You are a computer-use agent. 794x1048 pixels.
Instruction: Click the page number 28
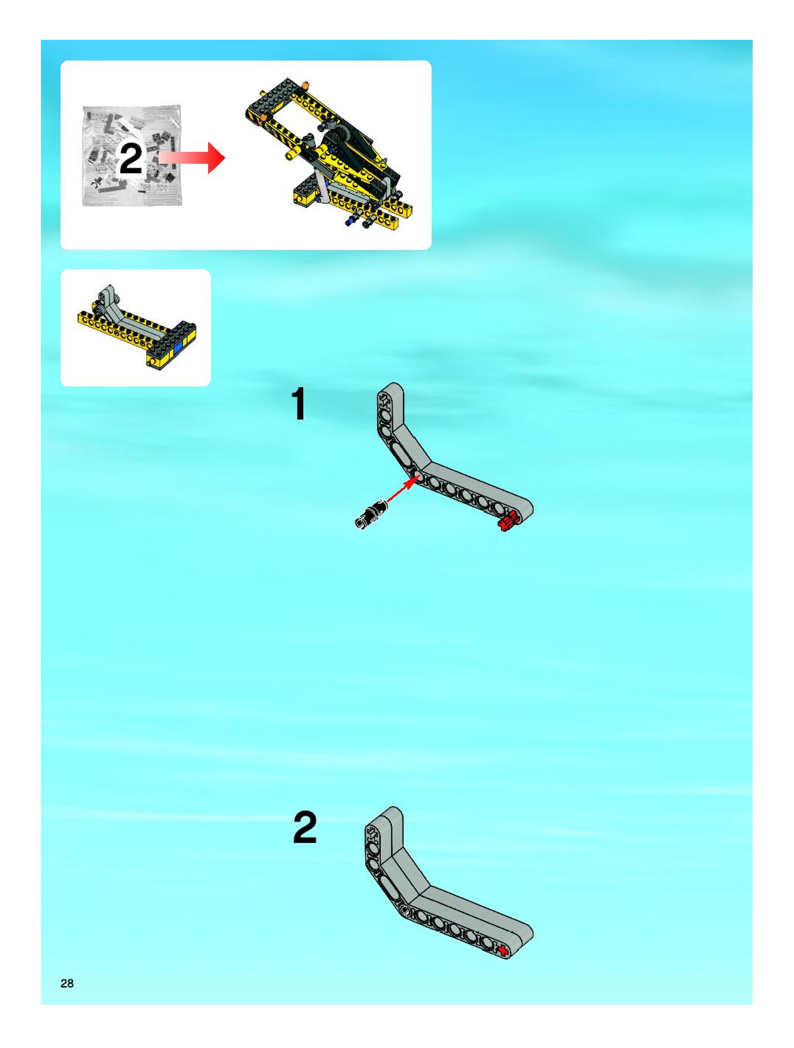pos(67,983)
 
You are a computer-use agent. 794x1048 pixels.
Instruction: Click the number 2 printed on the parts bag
pos(131,159)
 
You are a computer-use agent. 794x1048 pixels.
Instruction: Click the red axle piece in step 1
pos(508,522)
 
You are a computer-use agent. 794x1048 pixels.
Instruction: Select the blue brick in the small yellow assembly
pos(179,349)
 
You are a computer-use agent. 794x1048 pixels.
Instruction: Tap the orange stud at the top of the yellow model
pos(305,85)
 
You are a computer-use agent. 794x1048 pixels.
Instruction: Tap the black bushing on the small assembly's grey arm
pos(100,309)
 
